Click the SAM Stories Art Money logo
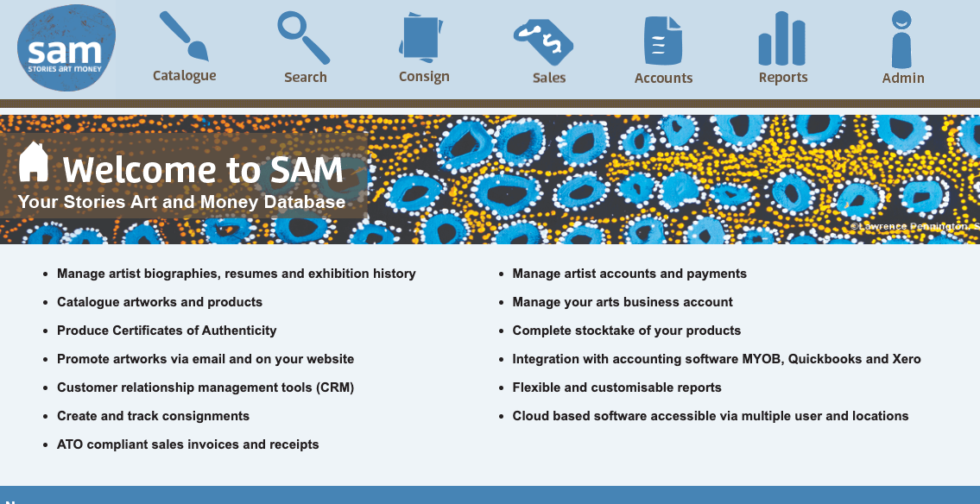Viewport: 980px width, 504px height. [x=66, y=48]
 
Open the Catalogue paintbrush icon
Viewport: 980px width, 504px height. [x=183, y=36]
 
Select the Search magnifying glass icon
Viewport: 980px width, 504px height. [x=304, y=37]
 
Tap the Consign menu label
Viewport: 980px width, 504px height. [x=424, y=76]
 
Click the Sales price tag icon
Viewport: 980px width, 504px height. [x=543, y=41]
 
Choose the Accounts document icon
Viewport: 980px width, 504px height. [x=663, y=40]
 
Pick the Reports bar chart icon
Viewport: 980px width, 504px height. [x=782, y=39]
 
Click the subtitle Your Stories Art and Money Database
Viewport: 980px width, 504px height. [x=181, y=203]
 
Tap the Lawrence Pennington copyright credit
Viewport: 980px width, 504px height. [x=914, y=227]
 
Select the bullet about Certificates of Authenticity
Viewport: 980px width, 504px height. [x=167, y=331]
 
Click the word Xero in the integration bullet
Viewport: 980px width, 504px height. [x=906, y=359]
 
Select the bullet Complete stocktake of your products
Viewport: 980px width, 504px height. [x=626, y=331]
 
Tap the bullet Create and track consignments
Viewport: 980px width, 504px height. [x=153, y=416]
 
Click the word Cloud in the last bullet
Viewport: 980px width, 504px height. [x=531, y=416]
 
